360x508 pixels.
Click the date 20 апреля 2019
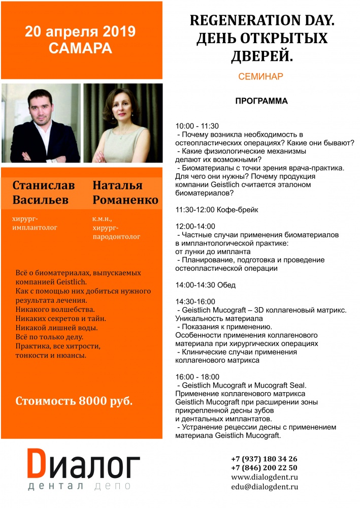coord(81,31)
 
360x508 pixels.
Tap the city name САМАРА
coord(81,49)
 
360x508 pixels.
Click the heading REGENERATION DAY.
coord(259,21)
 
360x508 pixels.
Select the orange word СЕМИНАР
coord(260,77)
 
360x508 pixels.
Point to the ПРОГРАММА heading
coord(261,101)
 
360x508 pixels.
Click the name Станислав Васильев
coord(44,193)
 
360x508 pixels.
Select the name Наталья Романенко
coord(125,193)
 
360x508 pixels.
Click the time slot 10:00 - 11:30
coord(197,126)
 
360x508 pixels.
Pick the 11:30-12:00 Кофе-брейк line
coord(215,209)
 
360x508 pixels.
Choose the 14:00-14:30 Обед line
coord(206,285)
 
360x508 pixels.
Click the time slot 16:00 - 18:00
coord(198,377)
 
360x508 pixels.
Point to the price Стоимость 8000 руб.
coord(74,401)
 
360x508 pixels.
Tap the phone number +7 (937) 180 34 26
coord(264,459)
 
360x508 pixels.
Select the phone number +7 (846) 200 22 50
coord(264,468)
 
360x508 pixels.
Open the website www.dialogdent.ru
coord(264,478)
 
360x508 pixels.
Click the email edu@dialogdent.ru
coord(264,487)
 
